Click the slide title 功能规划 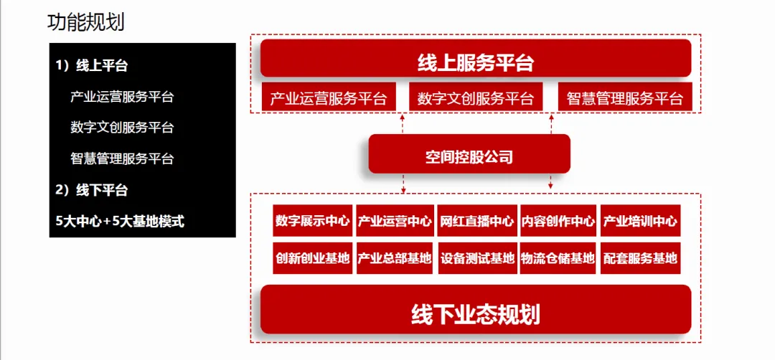[x=85, y=22]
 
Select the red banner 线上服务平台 [x=475, y=62]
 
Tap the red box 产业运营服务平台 [x=329, y=98]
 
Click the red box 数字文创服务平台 [x=476, y=98]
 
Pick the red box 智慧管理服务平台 [x=624, y=98]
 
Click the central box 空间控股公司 [x=469, y=156]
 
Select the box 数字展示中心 [x=312, y=221]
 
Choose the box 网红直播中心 [x=476, y=221]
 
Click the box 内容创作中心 [x=558, y=221]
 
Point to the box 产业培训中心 [x=640, y=221]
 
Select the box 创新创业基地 [x=312, y=258]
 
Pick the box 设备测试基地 [x=476, y=258]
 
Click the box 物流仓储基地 [x=558, y=258]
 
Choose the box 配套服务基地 [x=640, y=258]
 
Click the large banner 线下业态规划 [x=475, y=313]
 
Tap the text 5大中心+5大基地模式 [x=120, y=222]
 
